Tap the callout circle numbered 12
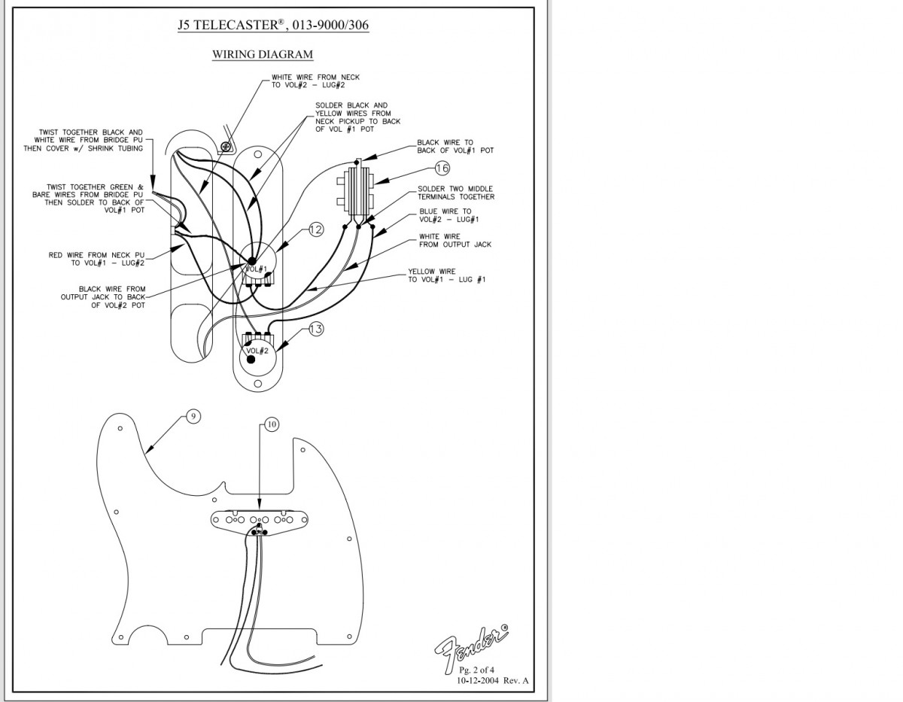[316, 229]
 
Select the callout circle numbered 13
[316, 329]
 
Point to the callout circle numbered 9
[193, 416]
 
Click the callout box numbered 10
[271, 424]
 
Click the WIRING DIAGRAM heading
[262, 54]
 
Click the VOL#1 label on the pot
[256, 269]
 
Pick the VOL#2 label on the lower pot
[257, 351]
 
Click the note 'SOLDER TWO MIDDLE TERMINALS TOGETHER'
[456, 193]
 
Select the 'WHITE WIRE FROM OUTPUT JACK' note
[450, 241]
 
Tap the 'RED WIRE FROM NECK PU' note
[96, 259]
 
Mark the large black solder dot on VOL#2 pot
[251, 360]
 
